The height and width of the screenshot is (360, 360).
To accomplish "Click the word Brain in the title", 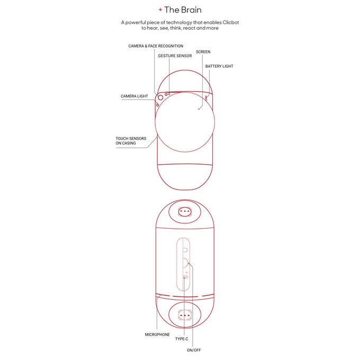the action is (x=191, y=10).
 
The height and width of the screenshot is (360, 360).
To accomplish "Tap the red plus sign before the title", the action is (x=160, y=10).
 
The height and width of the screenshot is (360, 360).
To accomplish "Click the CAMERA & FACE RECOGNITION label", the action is (x=156, y=46).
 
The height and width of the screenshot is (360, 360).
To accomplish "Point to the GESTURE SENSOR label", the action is (x=175, y=56).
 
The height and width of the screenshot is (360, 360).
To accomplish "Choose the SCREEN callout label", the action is (x=203, y=52).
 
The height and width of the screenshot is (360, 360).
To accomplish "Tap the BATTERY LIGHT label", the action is (x=219, y=66).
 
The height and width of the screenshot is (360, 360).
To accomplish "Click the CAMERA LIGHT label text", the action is (x=134, y=96).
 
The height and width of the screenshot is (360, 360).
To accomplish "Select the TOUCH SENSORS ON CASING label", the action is (x=131, y=141).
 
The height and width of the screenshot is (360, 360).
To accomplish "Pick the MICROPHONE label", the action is (x=157, y=335).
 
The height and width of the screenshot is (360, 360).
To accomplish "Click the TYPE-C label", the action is (x=182, y=339).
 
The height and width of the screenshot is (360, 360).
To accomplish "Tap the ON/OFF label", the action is (x=193, y=350).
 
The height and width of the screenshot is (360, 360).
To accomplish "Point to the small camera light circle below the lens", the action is (x=157, y=104).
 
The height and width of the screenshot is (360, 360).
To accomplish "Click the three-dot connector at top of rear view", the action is (x=185, y=211).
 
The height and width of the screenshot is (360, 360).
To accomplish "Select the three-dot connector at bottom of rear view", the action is (x=185, y=314).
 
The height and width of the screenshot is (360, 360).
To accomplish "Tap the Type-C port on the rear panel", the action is (x=185, y=277).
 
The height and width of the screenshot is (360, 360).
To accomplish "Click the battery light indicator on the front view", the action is (x=206, y=98).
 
